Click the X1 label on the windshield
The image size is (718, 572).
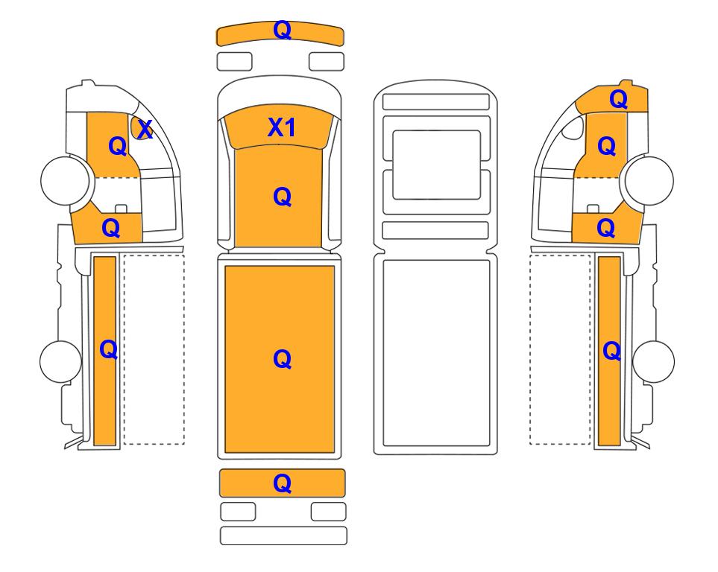282,127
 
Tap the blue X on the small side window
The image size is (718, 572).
145,130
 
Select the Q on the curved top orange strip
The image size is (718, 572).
282,31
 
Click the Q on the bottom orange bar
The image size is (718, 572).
282,483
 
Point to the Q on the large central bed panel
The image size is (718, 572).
282,359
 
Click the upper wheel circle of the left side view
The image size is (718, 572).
65,180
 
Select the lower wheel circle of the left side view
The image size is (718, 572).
60,361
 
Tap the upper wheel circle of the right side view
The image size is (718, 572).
649,180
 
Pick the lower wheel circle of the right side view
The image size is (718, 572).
653,361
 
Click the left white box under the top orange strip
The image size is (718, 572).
234,61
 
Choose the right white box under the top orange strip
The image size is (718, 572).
327,61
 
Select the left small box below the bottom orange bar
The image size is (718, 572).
238,512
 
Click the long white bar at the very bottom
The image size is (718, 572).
283,536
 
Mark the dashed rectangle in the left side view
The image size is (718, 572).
154,349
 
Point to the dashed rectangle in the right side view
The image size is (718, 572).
560,349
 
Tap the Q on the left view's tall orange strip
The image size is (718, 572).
109,350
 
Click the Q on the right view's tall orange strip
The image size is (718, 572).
612,352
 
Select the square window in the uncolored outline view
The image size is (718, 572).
437,165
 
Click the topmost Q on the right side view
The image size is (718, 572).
619,99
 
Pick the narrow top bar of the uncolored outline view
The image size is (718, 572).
436,101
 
